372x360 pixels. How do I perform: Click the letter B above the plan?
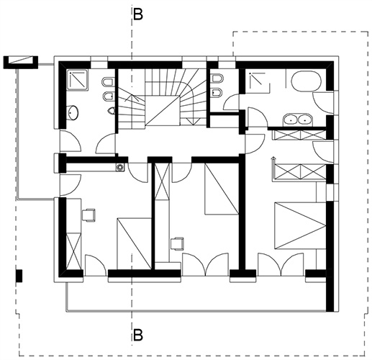click(x=138, y=14)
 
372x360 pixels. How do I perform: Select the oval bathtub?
click(x=307, y=81)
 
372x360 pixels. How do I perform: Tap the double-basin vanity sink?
click(x=297, y=119)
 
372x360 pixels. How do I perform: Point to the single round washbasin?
click(x=73, y=112)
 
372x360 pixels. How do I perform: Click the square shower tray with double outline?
click(x=78, y=80)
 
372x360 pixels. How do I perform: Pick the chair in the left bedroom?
click(x=89, y=215)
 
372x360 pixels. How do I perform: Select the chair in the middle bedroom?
click(x=177, y=243)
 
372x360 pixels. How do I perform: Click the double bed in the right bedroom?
click(x=300, y=225)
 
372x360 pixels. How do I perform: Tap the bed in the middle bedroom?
click(x=222, y=189)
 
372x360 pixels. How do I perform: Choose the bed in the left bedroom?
click(x=135, y=243)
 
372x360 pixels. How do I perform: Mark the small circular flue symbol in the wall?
click(x=119, y=168)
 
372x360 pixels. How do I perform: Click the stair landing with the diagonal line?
click(x=163, y=110)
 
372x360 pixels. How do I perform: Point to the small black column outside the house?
click(x=19, y=276)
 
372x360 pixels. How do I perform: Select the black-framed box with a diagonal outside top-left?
click(x=21, y=62)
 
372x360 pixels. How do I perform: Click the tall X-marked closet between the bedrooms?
click(x=163, y=181)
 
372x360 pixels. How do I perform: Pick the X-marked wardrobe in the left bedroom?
click(x=73, y=251)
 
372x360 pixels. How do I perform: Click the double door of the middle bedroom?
click(x=206, y=264)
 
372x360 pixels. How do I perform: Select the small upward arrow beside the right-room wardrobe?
click(x=273, y=168)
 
